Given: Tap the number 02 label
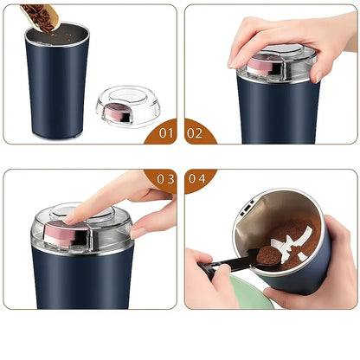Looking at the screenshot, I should point(196,132).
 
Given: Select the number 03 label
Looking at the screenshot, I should point(164,178).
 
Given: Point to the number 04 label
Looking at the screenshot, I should point(196,178).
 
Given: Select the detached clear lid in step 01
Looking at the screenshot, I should point(128,106).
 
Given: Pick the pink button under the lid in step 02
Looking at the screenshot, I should point(260,65).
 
